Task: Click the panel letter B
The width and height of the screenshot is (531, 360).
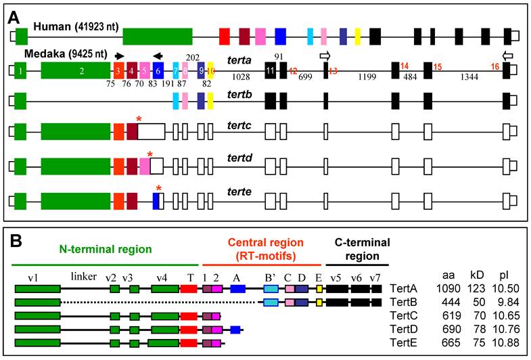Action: pos(14,240)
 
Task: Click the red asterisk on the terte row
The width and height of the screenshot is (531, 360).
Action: pos(159,189)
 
